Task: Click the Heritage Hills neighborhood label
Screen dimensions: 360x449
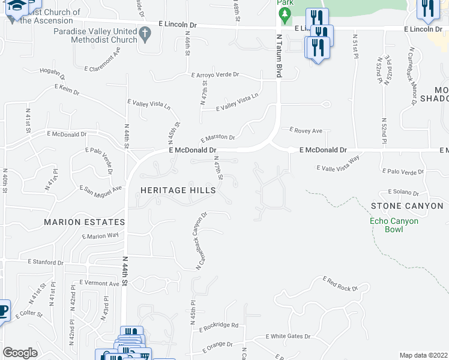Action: pyautogui.click(x=178, y=190)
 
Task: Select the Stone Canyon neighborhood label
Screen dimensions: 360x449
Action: pyautogui.click(x=407, y=206)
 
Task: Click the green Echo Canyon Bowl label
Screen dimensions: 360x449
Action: pyautogui.click(x=394, y=225)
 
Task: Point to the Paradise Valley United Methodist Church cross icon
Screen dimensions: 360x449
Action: pyautogui.click(x=144, y=35)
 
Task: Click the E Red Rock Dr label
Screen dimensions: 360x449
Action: pyautogui.click(x=340, y=284)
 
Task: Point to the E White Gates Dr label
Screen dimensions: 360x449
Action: pyautogui.click(x=288, y=337)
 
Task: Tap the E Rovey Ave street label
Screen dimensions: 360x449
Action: pyautogui.click(x=306, y=130)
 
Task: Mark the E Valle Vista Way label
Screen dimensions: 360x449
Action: pyautogui.click(x=338, y=164)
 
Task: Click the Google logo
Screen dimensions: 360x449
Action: pyautogui.click(x=20, y=353)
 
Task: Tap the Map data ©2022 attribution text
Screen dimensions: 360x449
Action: pyautogui.click(x=423, y=355)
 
